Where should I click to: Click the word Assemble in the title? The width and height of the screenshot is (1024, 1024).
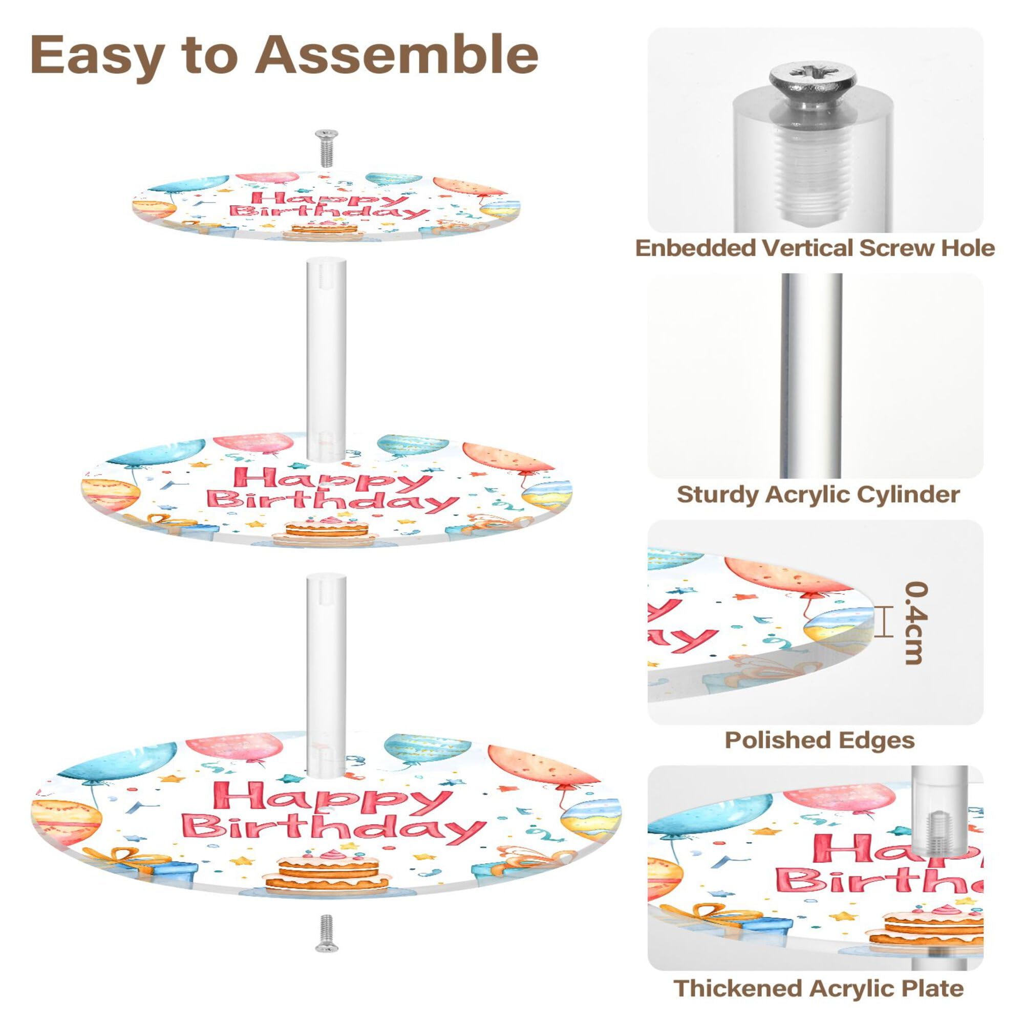pyautogui.click(x=396, y=55)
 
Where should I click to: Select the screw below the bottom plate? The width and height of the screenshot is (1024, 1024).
pyautogui.click(x=325, y=933)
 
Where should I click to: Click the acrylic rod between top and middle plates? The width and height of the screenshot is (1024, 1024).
pyautogui.click(x=325, y=358)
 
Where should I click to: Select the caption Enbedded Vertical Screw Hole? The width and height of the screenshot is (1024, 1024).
pyautogui.click(x=815, y=248)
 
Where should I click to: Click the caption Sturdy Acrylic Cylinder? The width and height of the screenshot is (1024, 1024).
pyautogui.click(x=818, y=494)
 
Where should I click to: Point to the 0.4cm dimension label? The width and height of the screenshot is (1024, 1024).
pyautogui.click(x=915, y=622)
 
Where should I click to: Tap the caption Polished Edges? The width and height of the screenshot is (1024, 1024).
pyautogui.click(x=819, y=740)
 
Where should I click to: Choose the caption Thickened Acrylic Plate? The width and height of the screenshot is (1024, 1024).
pyautogui.click(x=818, y=988)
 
